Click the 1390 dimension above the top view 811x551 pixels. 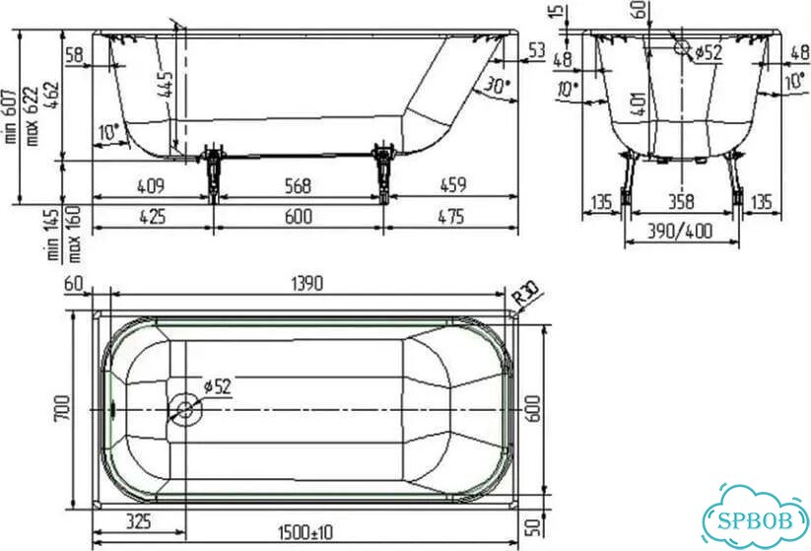point(307,284)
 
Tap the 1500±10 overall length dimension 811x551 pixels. point(305,532)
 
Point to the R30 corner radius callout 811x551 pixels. point(525,292)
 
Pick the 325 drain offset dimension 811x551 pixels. point(139,521)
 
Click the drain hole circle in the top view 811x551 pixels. point(184,410)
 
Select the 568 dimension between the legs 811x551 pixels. point(299,185)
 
